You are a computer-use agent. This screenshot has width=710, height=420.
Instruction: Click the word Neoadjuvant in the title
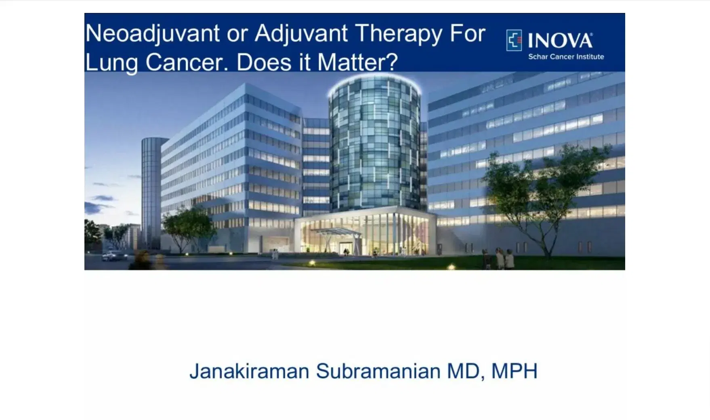pos(152,34)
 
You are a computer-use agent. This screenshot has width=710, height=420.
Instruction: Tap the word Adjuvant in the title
pos(301,34)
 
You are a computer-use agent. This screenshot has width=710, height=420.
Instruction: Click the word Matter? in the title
pos(357,63)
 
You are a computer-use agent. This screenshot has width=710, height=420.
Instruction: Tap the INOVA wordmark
pos(560,41)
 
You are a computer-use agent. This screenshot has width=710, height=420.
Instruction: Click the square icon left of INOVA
pos(514,40)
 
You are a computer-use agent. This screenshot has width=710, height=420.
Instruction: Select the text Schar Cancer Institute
pos(566,57)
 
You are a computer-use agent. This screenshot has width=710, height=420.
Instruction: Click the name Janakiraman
pos(249,371)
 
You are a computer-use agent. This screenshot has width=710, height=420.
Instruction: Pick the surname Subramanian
pos(378,371)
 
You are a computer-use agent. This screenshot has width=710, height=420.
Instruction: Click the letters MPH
pos(514,371)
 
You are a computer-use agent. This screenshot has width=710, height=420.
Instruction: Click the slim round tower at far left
pos(151,190)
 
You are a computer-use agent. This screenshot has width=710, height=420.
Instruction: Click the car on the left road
pos(113,256)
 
